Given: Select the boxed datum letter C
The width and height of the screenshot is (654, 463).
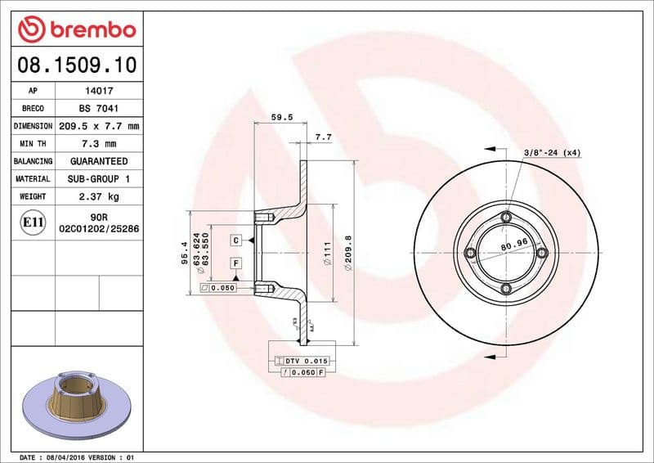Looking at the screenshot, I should (x=235, y=240).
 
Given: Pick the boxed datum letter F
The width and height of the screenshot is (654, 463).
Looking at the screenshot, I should (x=235, y=263).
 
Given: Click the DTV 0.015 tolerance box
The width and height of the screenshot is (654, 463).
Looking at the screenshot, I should (x=302, y=361).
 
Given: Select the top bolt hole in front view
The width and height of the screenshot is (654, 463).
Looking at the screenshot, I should (x=506, y=217).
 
